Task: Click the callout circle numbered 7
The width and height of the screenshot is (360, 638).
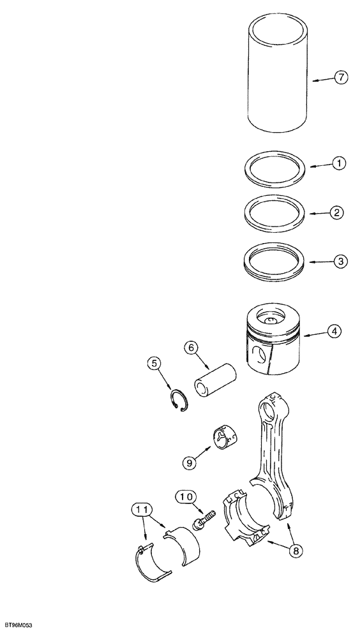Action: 341,78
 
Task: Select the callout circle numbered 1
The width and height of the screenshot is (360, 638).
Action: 340,164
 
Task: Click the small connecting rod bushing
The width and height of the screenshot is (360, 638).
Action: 227,442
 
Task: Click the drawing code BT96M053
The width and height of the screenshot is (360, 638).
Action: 17,625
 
